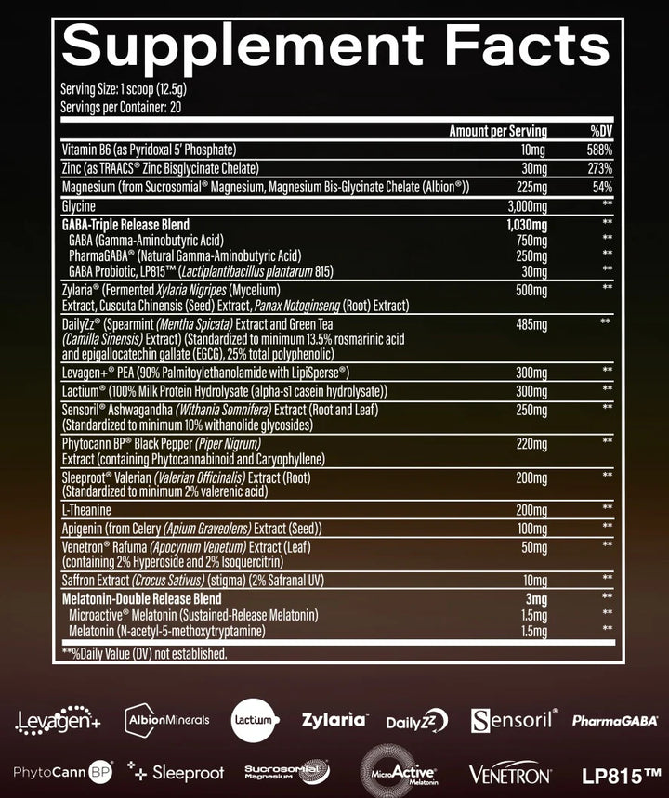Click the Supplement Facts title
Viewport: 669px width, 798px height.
pos(334,43)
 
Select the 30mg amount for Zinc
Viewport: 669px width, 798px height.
pos(533,168)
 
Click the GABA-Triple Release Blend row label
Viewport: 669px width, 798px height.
pos(125,225)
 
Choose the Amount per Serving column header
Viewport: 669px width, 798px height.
pos(498,131)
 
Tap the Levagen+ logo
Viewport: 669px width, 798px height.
pos(58,720)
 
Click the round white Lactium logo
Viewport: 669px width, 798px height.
pos(256,720)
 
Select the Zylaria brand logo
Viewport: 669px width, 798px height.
pos(334,720)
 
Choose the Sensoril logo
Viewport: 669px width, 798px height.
pos(514,720)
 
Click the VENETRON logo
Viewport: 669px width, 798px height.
pos(510,773)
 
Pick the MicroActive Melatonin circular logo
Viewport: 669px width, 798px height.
pos(397,772)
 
